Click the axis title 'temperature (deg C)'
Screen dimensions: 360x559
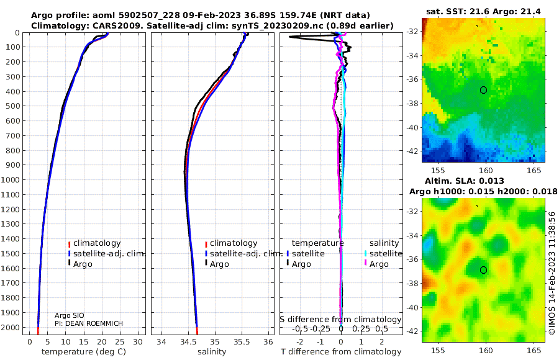(84, 352)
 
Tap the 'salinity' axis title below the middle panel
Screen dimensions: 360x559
(211, 352)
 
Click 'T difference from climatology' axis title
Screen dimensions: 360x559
(340, 352)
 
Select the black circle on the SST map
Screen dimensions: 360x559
(484, 90)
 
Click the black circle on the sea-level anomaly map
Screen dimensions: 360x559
(484, 270)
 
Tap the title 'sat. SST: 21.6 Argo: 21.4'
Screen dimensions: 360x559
(483, 12)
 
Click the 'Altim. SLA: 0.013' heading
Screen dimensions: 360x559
(483, 181)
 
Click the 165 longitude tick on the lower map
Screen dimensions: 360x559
(532, 349)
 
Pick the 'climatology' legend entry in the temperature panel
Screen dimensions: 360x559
(97, 243)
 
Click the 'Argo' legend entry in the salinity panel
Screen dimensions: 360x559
(219, 264)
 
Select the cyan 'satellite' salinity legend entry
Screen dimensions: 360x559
(386, 254)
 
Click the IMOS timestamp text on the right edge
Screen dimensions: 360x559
(552, 273)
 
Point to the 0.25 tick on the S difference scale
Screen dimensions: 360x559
(361, 328)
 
